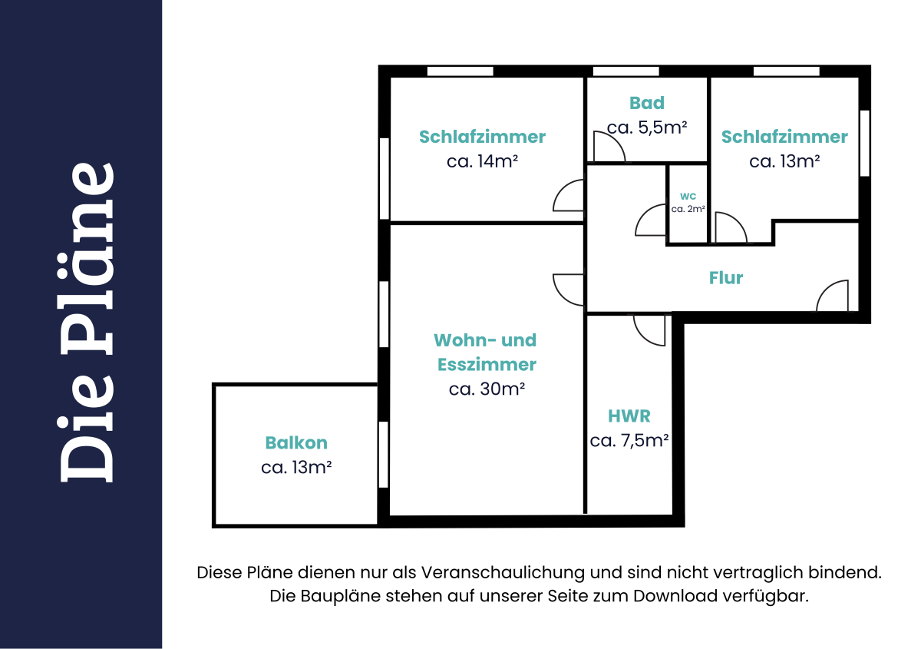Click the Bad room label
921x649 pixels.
(x=647, y=103)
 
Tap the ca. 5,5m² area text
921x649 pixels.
(x=647, y=127)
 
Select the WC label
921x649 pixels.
(x=688, y=196)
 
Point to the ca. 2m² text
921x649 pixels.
(x=688, y=209)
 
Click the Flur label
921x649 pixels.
(x=726, y=278)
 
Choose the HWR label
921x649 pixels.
(x=629, y=416)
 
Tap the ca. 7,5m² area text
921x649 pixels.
(x=629, y=440)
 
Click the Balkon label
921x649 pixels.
(x=296, y=443)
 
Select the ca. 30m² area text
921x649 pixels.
(x=487, y=389)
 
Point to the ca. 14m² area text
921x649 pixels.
(x=482, y=161)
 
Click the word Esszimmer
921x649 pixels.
(x=487, y=365)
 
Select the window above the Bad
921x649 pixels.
(x=626, y=71)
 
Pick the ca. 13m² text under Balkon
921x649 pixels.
(x=296, y=467)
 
